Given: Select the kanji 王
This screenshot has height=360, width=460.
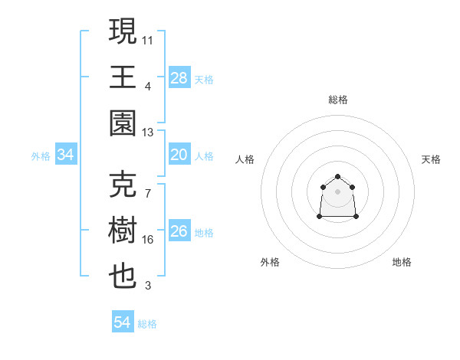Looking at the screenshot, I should [123, 77].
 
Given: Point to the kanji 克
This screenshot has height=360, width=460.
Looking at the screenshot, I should [123, 184].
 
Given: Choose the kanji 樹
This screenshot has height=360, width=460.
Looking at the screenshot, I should [123, 231].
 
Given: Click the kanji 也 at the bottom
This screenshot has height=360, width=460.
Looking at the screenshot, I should [123, 277].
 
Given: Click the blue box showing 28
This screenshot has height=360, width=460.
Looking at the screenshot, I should [179, 78].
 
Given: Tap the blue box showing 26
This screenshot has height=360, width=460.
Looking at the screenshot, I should [179, 232].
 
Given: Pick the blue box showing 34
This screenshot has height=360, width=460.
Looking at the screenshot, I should [66, 155].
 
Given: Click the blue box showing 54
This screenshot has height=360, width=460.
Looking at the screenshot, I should [123, 322].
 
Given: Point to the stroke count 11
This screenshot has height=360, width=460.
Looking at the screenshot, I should [148, 39].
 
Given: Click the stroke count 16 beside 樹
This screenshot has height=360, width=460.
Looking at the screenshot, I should [148, 240].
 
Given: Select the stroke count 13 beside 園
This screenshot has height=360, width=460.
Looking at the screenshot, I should [148, 132].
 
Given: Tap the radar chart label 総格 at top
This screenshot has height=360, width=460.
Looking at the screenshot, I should [337, 100].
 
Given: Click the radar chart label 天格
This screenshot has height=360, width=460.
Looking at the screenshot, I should [431, 159].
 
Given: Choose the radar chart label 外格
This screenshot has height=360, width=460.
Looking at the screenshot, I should [270, 262].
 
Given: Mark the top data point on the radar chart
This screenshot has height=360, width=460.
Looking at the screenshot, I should [337, 177].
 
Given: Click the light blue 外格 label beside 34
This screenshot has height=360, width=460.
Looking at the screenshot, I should [41, 156].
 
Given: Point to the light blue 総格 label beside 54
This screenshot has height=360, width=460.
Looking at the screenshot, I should [147, 324].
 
